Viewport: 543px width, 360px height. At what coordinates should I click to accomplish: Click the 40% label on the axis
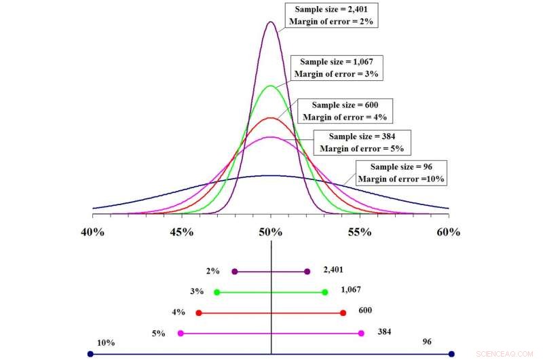(x=92, y=232)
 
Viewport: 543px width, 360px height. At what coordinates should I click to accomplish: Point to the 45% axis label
(x=181, y=232)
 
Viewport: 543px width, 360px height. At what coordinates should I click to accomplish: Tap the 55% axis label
(x=360, y=232)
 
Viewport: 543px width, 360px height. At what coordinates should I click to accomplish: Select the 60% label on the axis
(x=448, y=232)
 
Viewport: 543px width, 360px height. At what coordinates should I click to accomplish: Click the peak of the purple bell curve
(x=271, y=22)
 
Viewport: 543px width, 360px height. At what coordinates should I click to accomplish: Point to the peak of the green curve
(x=271, y=86)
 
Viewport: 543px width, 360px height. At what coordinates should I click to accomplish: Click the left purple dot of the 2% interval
(x=235, y=271)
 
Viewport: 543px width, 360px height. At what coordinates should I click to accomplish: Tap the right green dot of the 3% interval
(x=325, y=292)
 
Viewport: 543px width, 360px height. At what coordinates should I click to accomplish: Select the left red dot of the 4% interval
(x=199, y=312)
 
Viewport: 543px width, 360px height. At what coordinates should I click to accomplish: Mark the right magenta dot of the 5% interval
(x=361, y=333)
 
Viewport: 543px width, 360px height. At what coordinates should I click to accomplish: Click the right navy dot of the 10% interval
(x=451, y=354)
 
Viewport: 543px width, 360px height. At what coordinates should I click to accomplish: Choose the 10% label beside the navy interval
(x=105, y=342)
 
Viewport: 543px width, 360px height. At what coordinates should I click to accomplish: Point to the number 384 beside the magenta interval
(x=386, y=331)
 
